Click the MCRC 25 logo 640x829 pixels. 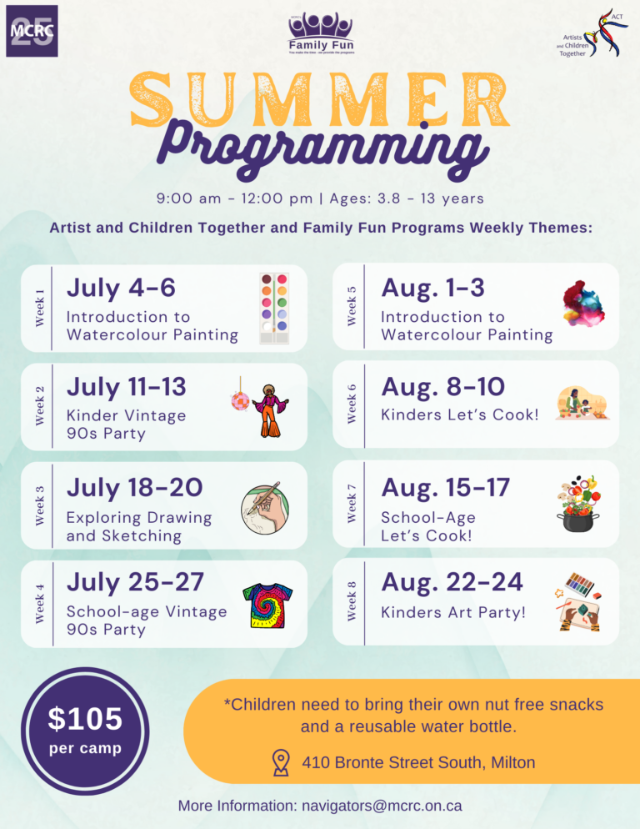click(32, 31)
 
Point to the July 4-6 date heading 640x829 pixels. click(121, 288)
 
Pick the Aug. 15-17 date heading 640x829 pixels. click(444, 487)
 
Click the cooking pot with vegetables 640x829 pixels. click(581, 503)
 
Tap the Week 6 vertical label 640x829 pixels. click(352, 403)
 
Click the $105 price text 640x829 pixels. click(84, 718)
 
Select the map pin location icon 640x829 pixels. click(281, 762)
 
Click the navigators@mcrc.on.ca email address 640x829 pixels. click(382, 806)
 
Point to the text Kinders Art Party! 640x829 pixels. click(453, 613)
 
